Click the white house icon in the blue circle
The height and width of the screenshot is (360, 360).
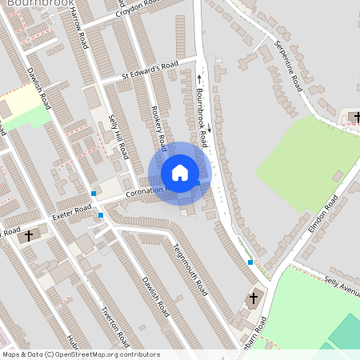[180, 173]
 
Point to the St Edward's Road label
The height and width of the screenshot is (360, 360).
[150, 70]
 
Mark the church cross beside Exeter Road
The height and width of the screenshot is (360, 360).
[30, 235]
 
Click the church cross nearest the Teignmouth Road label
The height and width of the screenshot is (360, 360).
[254, 298]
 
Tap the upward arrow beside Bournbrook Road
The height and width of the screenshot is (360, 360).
[199, 78]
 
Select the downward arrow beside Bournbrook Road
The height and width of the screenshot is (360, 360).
[210, 128]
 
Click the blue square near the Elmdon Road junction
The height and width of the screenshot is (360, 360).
[250, 262]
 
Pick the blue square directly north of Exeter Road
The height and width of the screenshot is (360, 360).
[94, 194]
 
